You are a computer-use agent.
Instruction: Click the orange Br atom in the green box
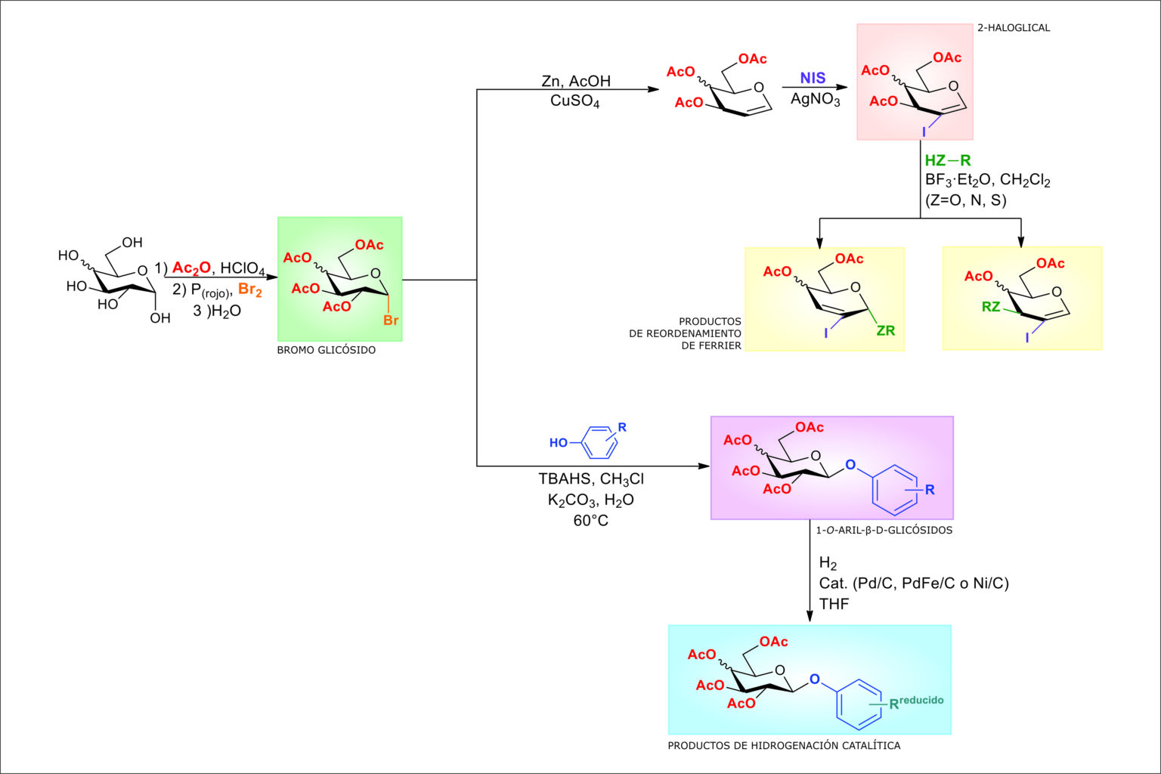(390, 320)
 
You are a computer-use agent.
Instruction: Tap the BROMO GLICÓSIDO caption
(326, 351)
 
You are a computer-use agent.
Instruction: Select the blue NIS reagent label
(813, 79)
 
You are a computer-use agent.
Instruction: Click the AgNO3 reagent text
(815, 99)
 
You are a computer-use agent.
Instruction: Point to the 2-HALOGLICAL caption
(1013, 28)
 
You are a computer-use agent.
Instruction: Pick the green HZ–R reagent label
(947, 160)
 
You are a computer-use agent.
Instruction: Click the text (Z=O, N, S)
(965, 200)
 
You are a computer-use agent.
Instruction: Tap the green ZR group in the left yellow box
(885, 331)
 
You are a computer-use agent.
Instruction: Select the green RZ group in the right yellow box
(990, 307)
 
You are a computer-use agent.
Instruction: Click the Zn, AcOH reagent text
(575, 81)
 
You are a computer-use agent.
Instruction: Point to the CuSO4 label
(574, 101)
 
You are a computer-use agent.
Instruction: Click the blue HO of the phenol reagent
(558, 443)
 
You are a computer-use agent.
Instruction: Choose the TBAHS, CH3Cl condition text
(590, 479)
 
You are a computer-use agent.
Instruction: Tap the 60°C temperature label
(590, 521)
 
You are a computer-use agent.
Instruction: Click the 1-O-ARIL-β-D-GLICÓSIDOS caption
(884, 531)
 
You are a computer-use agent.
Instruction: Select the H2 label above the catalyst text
(828, 564)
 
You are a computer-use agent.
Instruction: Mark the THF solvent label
(834, 604)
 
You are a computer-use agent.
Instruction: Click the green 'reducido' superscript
(921, 700)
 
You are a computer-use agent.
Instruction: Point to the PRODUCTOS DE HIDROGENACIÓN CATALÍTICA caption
(783, 746)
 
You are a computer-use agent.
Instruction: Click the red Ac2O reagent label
(191, 268)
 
